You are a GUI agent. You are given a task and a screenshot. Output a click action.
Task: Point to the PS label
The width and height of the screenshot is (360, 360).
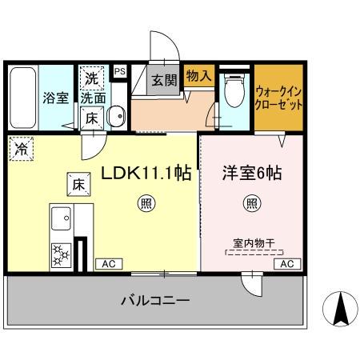pos(120,72)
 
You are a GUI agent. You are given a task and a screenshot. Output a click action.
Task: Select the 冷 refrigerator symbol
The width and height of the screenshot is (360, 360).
pos(20,149)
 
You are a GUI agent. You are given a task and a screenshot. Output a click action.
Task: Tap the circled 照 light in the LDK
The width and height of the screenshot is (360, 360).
pos(146,203)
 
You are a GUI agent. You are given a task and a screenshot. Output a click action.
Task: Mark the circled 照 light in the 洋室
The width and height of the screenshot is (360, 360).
pos(251,203)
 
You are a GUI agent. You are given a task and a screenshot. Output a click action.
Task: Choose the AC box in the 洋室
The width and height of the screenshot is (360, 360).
pos(287,263)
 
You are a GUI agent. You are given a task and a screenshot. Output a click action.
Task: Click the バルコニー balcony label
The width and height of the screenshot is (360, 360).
pos(154,301)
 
